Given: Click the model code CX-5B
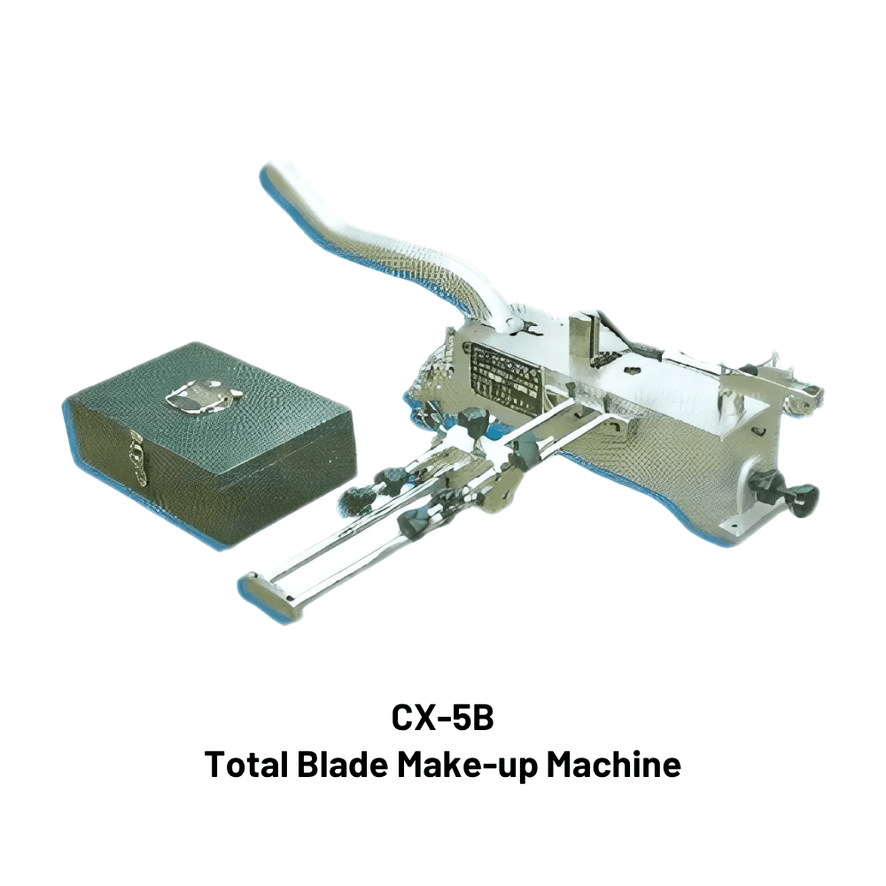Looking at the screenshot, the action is pyautogui.click(x=442, y=718).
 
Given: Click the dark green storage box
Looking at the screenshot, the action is pyautogui.click(x=209, y=444).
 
